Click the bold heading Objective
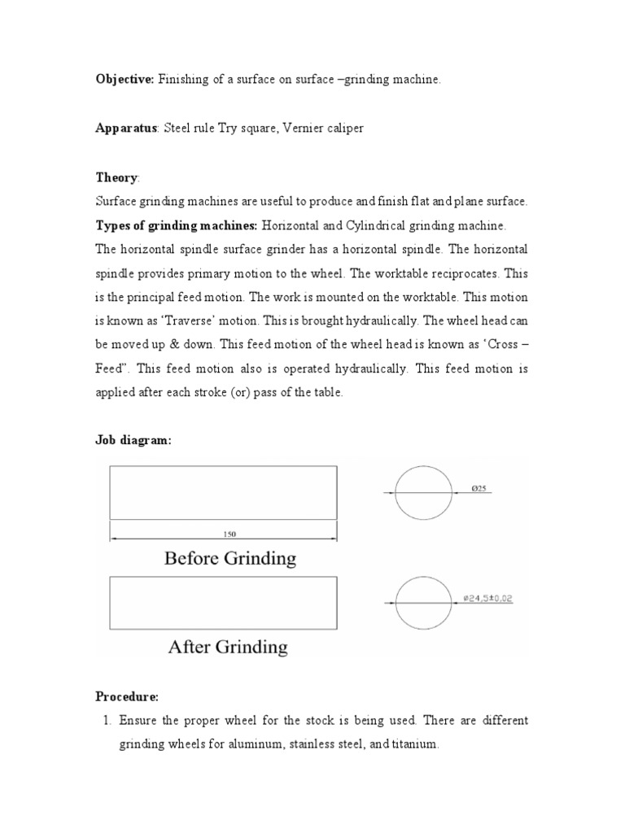coord(125,80)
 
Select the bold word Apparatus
coord(127,129)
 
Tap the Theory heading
coord(117,177)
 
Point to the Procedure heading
coord(127,697)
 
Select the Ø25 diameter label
coord(479,489)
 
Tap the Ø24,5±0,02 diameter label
coord(487,599)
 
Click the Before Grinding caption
coord(230,558)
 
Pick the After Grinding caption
coord(228,647)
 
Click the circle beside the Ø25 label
coord(423,493)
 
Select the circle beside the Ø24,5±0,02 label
coord(423,603)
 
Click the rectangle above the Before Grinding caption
coord(224,491)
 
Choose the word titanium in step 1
coord(415,744)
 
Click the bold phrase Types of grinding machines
coord(177,225)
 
